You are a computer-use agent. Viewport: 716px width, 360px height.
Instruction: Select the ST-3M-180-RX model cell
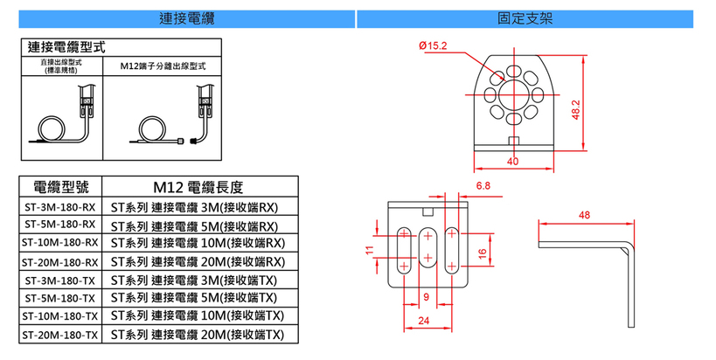coord(59,208)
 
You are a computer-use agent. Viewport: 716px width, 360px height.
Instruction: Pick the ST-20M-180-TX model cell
coord(59,335)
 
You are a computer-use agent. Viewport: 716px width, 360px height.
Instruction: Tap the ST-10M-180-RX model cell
coord(59,242)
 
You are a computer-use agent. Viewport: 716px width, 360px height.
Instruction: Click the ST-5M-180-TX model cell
coord(59,297)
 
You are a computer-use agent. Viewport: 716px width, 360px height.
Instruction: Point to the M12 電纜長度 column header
coord(198,186)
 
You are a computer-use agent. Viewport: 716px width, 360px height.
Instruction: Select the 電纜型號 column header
coord(59,186)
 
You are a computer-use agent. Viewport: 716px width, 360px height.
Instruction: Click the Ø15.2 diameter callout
coord(434,45)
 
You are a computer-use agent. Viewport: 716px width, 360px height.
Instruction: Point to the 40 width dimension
coord(511,162)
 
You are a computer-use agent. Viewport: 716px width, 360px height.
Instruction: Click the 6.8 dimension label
coord(483,187)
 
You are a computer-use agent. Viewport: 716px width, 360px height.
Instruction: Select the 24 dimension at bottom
coord(423,322)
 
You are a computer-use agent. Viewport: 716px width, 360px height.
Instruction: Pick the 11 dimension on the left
coord(370,250)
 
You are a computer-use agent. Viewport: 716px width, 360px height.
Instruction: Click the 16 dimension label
coord(482,253)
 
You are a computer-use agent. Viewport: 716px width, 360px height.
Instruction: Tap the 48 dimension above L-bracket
coord(585,214)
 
